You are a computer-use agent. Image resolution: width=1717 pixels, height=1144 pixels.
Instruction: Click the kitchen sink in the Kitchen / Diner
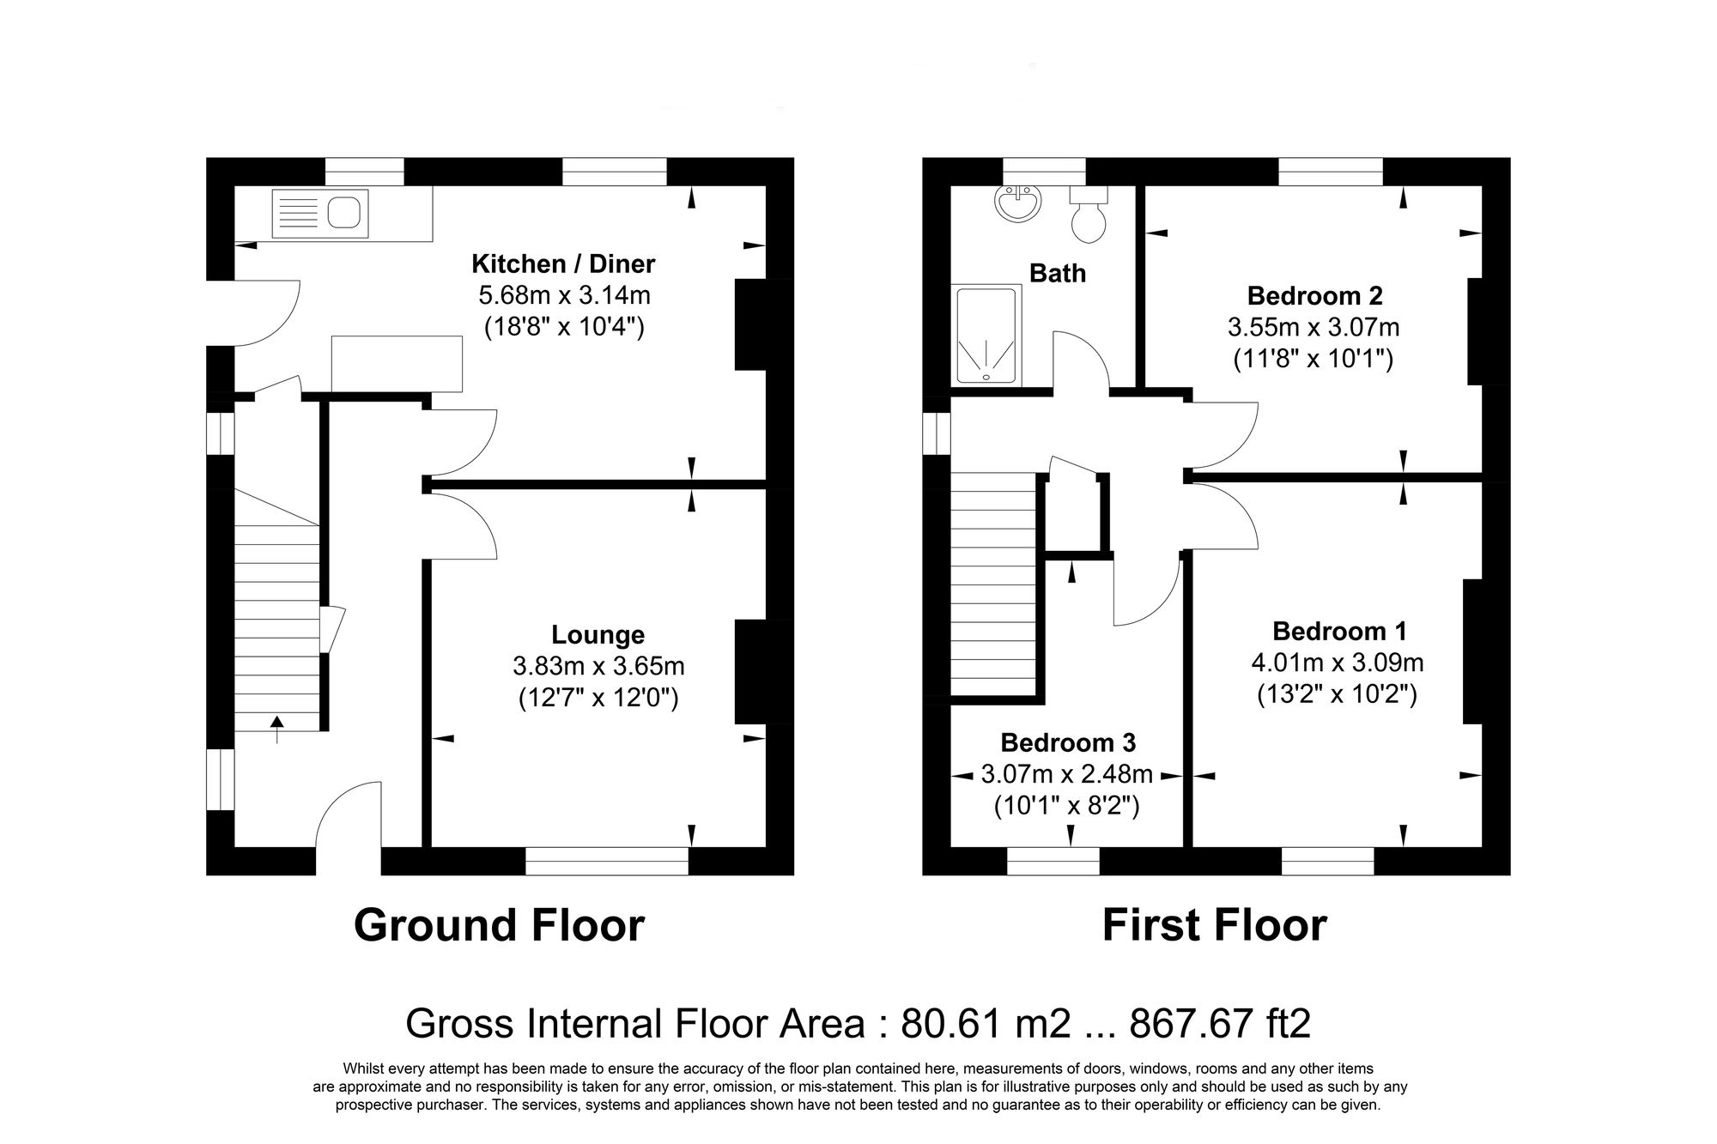point(319,213)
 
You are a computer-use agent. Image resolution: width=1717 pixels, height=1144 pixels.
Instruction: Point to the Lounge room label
point(598,635)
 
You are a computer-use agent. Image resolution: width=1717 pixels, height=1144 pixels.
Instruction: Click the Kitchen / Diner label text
point(563,263)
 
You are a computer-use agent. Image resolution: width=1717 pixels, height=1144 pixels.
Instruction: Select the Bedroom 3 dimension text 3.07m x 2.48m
point(1066,775)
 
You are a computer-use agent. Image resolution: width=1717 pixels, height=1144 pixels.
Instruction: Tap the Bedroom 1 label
point(1339,632)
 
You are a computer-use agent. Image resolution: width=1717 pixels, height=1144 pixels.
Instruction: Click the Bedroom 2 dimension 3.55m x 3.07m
point(1314,327)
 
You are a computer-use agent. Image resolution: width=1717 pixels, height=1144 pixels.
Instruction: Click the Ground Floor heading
point(499,926)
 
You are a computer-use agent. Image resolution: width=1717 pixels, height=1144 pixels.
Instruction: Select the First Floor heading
point(1214,926)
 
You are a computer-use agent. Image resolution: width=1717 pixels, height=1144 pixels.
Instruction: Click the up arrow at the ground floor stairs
point(276,728)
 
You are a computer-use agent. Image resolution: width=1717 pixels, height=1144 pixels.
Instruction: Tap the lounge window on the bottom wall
point(606,861)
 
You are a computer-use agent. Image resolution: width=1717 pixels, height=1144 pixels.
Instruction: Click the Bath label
point(1057,274)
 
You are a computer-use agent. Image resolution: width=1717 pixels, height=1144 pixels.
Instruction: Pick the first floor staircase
point(993,584)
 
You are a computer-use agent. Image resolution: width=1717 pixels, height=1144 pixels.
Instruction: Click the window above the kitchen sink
point(364,172)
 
